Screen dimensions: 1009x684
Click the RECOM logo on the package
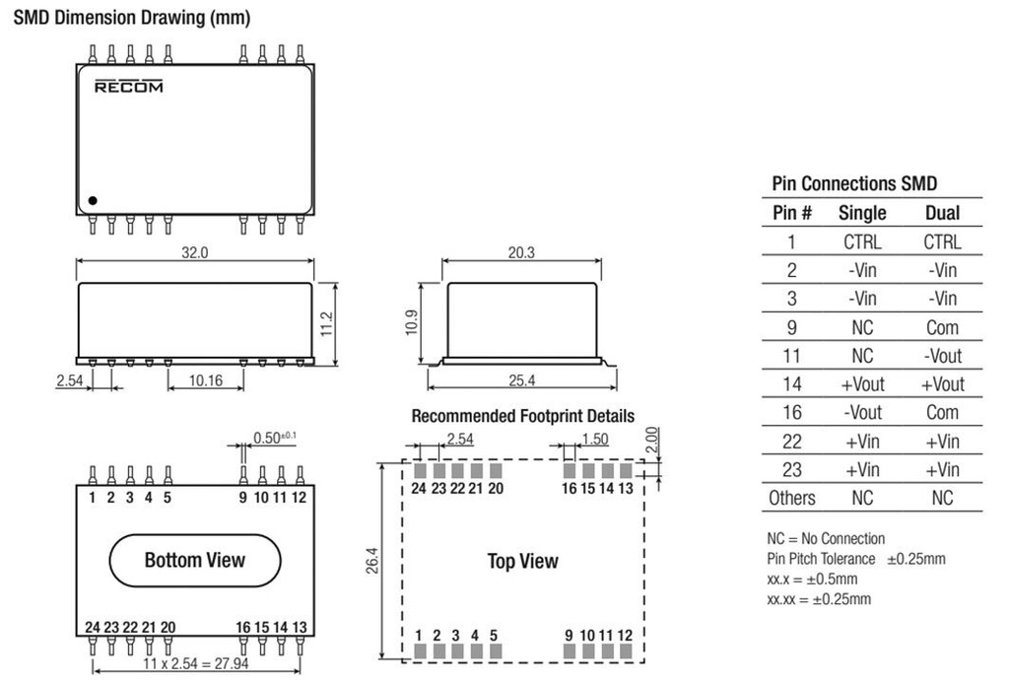coord(129,86)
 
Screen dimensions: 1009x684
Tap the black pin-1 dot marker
coord(93,201)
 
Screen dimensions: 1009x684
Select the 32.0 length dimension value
coord(194,252)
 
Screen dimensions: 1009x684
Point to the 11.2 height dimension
coord(326,323)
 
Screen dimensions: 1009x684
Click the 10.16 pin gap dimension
coord(205,380)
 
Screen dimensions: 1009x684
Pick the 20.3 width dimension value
coord(521,252)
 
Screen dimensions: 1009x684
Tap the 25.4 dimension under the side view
coord(522,380)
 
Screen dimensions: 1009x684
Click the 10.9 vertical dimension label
coord(412,323)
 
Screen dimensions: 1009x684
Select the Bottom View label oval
coord(195,561)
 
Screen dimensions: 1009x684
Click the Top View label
coord(522,561)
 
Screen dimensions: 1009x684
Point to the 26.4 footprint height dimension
coord(371,561)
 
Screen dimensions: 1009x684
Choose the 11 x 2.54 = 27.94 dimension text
coord(196,662)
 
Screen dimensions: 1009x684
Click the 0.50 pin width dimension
coord(275,438)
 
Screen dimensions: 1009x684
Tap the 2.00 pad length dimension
coord(652,441)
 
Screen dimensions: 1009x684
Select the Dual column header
coord(942,213)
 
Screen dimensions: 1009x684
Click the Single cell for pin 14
coord(862,384)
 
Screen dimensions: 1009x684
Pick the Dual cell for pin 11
coord(942,356)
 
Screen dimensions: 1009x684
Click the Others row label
coord(791,498)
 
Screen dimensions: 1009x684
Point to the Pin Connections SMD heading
coord(854,184)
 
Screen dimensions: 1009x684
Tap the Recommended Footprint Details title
coord(522,416)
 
